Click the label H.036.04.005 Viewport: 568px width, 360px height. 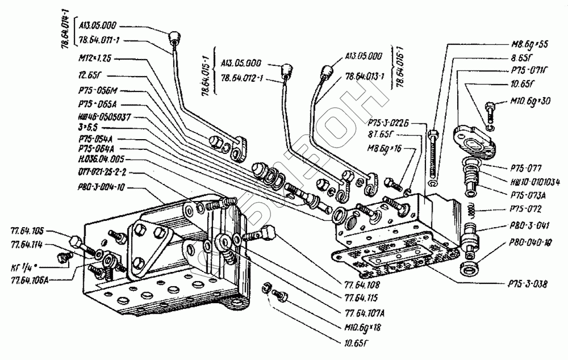99,160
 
